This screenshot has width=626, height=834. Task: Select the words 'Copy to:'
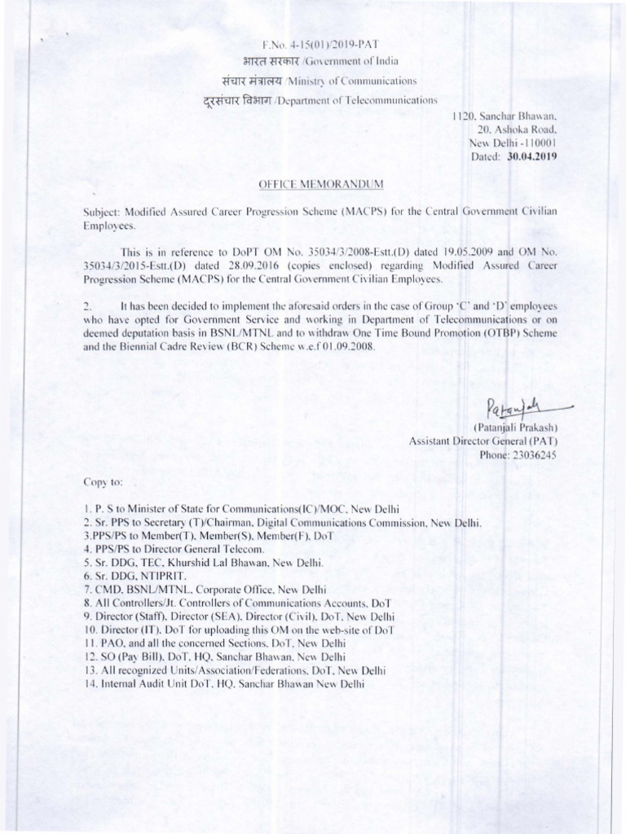point(102,482)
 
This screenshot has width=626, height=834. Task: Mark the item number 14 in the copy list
point(90,685)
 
